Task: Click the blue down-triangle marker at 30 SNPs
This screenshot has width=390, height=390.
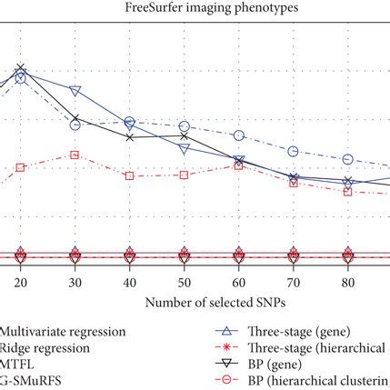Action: pyautogui.click(x=75, y=92)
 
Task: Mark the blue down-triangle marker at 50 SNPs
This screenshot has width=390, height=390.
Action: pyautogui.click(x=184, y=148)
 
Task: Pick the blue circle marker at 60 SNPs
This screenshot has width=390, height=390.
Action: pyautogui.click(x=238, y=135)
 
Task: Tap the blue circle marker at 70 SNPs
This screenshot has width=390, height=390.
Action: pyautogui.click(x=293, y=151)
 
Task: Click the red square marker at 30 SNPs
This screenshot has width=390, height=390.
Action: pyautogui.click(x=75, y=155)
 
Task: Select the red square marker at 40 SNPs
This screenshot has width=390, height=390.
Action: pyautogui.click(x=129, y=175)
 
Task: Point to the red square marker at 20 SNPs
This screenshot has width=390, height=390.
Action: pyautogui.click(x=20, y=167)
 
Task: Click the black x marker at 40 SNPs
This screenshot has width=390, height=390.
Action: pyautogui.click(x=129, y=137)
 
